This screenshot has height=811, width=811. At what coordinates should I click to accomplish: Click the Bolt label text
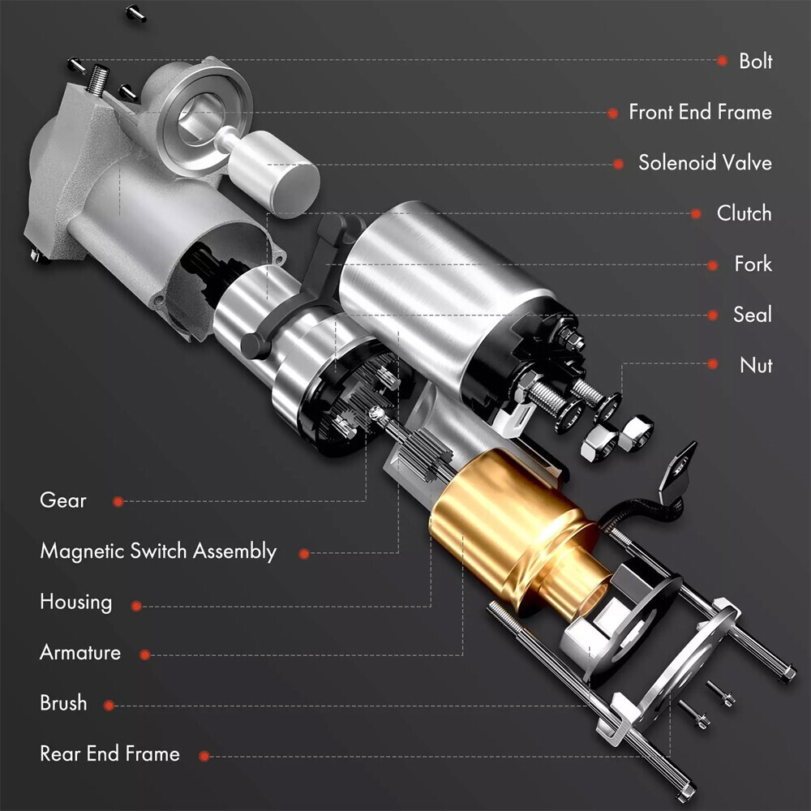pos(755,61)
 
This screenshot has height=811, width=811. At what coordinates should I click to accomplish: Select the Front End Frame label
pos(700,112)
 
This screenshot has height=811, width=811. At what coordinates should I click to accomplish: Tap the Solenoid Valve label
pos(704,162)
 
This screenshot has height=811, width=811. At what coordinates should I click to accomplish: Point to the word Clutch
pos(743,213)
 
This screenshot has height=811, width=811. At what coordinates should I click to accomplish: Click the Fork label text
pos(753,264)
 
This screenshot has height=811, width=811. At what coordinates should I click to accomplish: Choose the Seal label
pos(752,315)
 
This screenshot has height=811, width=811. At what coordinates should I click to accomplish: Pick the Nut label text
pos(755,365)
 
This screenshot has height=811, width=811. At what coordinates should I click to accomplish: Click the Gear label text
pos(62,500)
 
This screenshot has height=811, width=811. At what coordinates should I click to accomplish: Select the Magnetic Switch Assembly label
pos(158,551)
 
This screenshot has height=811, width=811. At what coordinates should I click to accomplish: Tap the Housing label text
pos(75,602)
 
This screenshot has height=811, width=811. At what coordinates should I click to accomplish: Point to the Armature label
pos(79,652)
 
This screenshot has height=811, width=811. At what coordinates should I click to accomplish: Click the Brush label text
pos(62,703)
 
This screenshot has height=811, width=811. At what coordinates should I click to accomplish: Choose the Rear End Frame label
pos(109,754)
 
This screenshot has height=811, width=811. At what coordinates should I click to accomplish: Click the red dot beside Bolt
pos(721,61)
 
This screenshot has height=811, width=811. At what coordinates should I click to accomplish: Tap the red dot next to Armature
pos(144,654)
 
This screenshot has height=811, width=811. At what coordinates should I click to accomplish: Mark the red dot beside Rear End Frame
pos(204,756)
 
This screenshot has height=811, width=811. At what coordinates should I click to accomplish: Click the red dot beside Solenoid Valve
pos(618,163)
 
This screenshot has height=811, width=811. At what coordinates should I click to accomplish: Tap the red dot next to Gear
pos(118,502)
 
